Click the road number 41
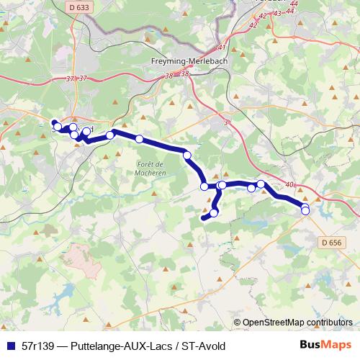click(x=221, y=48)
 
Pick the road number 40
click(x=289, y=185)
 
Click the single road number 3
click(x=225, y=122)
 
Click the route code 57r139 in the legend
click(x=38, y=346)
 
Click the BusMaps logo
click(x=325, y=345)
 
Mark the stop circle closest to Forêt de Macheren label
click(x=139, y=139)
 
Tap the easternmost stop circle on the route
click(x=305, y=210)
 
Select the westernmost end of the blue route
click(x=53, y=122)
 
